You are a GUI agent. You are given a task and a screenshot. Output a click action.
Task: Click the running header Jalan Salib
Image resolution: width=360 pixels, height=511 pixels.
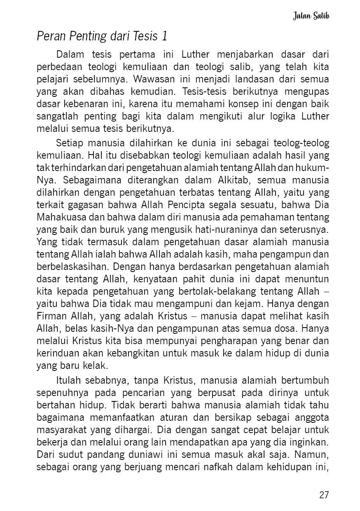coord(311,16)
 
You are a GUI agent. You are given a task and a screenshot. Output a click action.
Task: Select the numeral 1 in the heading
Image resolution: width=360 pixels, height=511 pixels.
coord(165,37)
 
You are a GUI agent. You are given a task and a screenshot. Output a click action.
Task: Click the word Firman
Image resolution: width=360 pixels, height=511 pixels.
coord(50,317)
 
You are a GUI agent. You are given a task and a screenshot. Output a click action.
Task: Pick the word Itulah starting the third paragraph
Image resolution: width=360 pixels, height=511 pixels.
coord(68,380)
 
